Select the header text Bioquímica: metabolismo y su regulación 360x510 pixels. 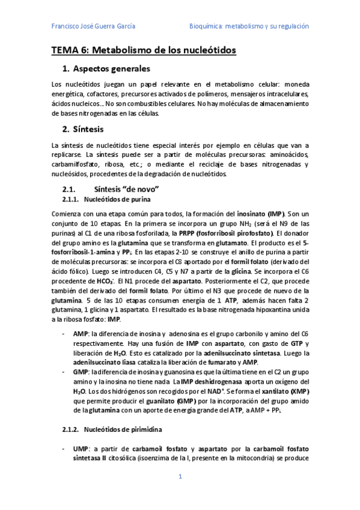[249, 26]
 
